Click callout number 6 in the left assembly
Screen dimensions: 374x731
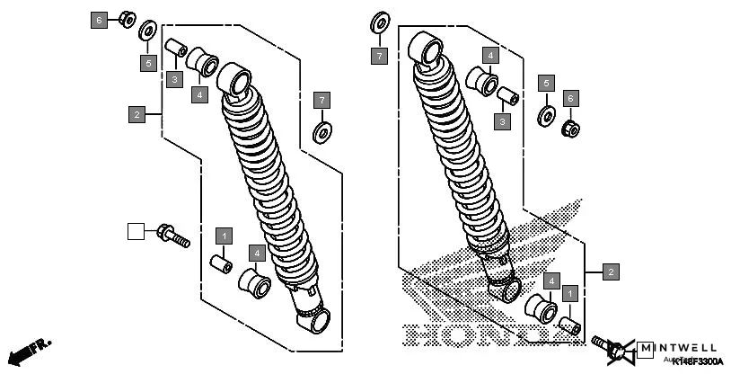click(99, 20)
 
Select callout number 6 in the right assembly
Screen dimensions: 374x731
click(569, 97)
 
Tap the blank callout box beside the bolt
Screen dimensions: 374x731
click(136, 232)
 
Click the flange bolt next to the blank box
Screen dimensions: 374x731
click(173, 236)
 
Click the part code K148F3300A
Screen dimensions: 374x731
click(696, 361)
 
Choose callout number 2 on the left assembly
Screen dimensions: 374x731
click(136, 114)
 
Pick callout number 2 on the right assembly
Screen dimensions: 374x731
click(611, 271)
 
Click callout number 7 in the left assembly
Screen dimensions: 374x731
click(321, 98)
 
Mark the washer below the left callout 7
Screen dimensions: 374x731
click(321, 134)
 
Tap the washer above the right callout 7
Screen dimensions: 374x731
click(380, 22)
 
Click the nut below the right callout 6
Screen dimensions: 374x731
click(569, 129)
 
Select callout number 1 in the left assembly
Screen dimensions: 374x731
click(225, 236)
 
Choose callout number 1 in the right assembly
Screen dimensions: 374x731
click(568, 294)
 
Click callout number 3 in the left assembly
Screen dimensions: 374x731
click(173, 80)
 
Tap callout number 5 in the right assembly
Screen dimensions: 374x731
click(544, 84)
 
